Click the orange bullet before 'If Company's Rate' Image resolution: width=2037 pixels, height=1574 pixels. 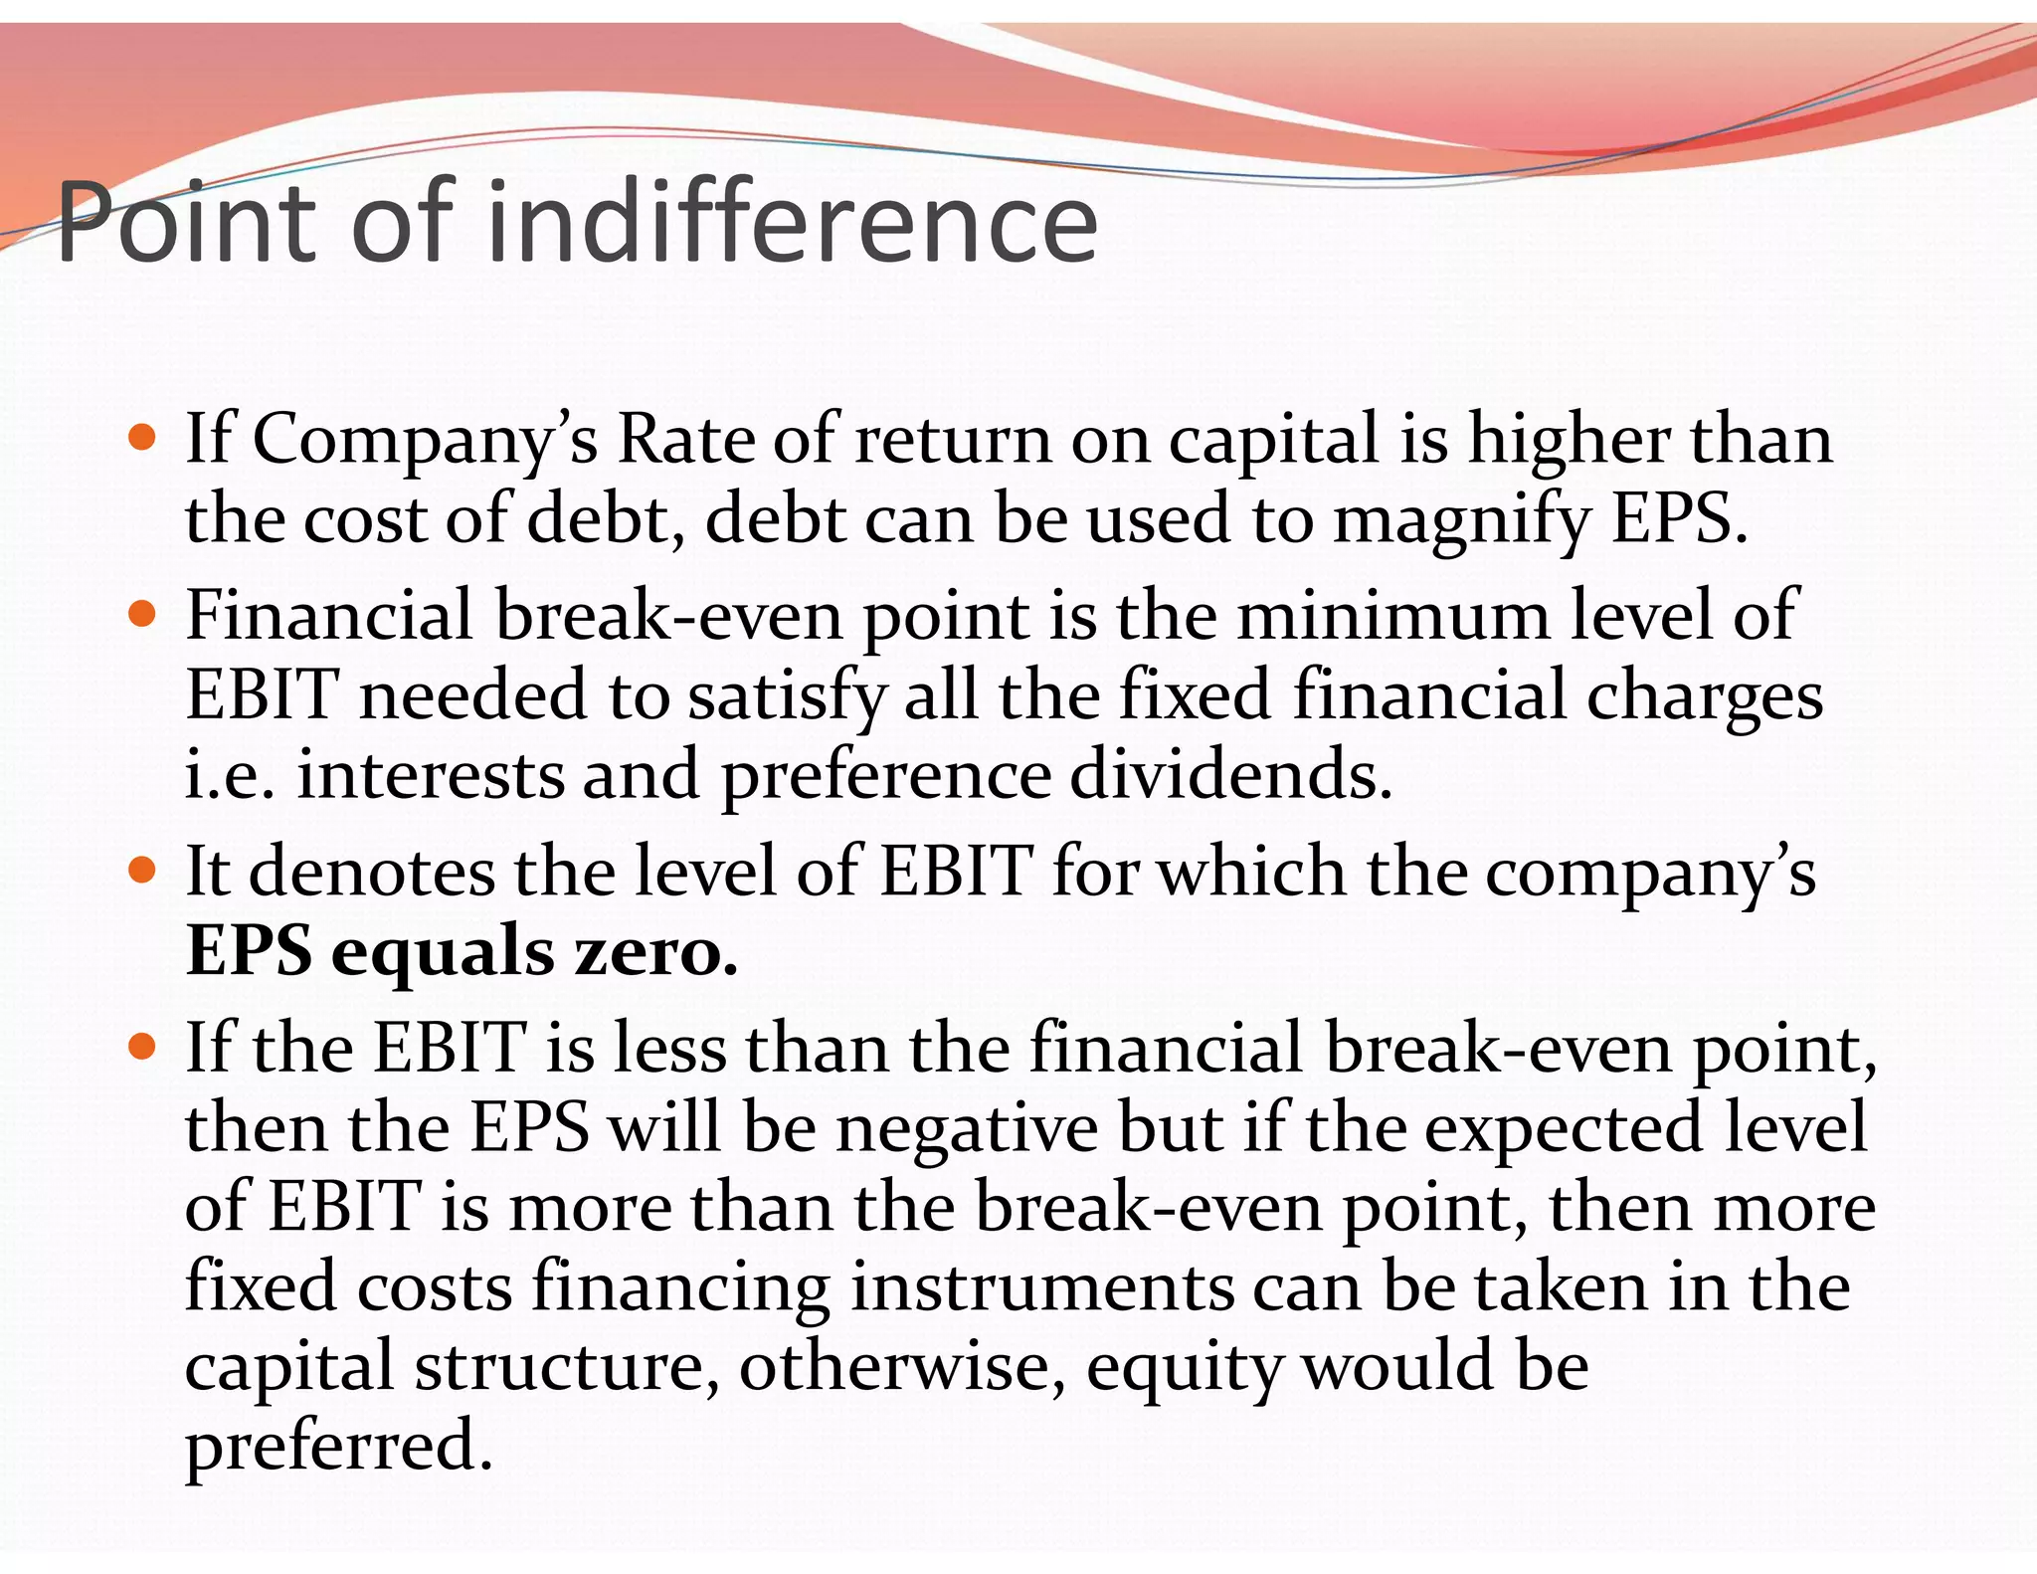143,438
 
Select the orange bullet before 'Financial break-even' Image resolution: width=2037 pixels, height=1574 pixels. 143,614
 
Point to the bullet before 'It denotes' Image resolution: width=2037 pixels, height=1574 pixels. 143,871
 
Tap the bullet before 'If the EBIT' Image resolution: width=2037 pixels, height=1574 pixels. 143,1047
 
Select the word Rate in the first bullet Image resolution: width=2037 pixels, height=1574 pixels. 685,439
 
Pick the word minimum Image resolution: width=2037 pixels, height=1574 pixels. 1392,616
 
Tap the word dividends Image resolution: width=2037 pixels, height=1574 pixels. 1230,775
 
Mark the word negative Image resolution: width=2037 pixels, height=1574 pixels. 967,1129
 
